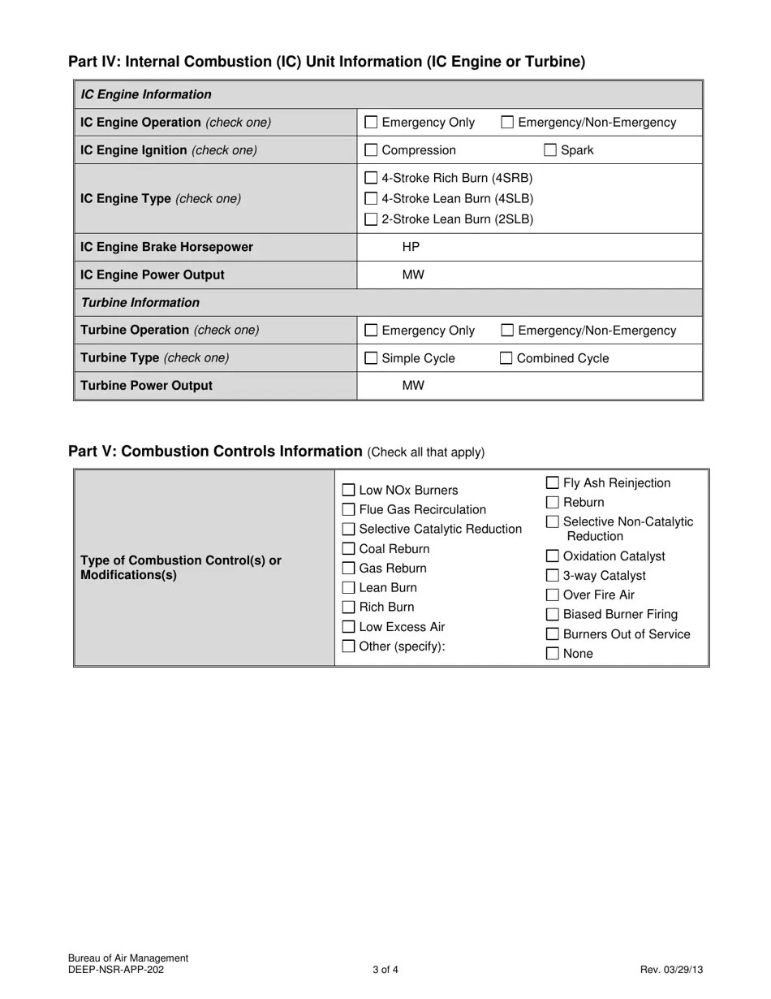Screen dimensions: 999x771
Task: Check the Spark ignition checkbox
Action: pos(550,150)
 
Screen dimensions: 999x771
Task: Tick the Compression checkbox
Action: pos(371,150)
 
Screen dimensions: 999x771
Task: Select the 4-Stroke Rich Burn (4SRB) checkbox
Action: pos(371,178)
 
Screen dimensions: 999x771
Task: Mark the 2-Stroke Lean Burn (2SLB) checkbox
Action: pos(371,219)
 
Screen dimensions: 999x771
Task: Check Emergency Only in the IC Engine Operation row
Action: pos(371,123)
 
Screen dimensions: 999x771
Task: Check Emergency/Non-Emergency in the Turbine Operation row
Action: pos(507,331)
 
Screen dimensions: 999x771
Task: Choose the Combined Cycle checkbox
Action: pos(506,358)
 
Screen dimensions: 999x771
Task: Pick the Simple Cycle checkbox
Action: pos(371,358)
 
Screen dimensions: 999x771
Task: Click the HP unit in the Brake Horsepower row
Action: pos(411,247)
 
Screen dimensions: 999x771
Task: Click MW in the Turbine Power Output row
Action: pos(413,386)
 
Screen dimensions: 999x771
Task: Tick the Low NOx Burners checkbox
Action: pos(348,491)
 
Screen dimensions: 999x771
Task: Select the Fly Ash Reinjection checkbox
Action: pos(553,483)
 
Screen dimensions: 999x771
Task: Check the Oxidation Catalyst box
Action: pos(553,556)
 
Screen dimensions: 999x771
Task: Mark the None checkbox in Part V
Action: pos(553,654)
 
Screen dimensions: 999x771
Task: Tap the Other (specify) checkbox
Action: pos(348,647)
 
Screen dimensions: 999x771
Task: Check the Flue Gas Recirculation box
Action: pos(348,510)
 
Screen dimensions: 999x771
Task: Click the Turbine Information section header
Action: pos(140,303)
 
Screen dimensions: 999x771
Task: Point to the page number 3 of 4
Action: pos(385,970)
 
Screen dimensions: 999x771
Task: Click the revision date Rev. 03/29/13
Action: pos(671,970)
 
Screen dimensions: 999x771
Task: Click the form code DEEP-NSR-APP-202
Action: pos(121,970)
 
